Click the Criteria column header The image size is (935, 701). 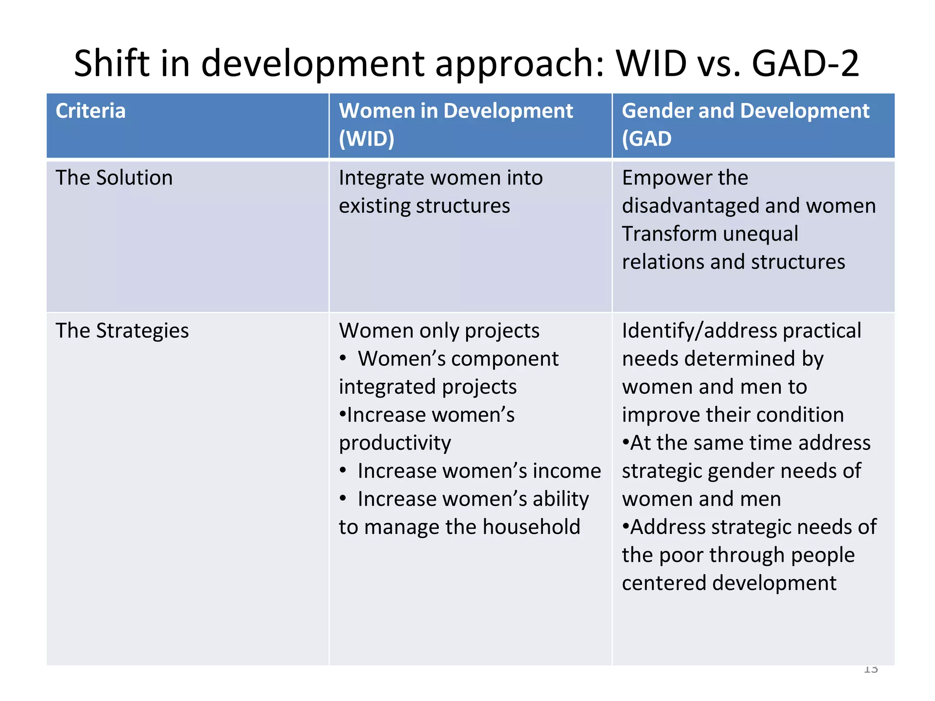tap(90, 111)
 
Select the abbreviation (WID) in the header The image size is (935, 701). tap(366, 139)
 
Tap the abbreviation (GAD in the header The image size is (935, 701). tap(646, 139)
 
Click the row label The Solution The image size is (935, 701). tap(114, 178)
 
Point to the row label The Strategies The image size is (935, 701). tap(122, 330)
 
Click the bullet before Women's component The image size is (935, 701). tap(343, 359)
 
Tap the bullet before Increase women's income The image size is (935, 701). tap(343, 471)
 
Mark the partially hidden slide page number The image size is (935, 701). tap(871, 669)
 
